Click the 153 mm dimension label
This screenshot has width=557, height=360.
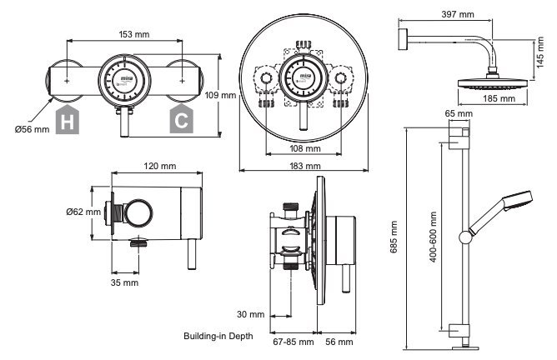134,34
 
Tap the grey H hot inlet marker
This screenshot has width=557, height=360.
68,119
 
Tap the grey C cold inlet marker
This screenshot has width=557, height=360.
182,119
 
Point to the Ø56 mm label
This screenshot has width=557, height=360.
32,130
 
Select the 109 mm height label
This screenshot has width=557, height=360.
220,96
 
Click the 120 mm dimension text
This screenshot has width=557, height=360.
160,166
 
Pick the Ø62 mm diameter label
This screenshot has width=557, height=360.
83,212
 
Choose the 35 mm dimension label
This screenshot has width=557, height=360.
124,283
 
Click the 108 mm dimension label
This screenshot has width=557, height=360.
305,148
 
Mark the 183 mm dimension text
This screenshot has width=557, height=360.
305,166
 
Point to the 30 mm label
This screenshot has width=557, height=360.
251,314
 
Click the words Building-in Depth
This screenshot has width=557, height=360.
218,336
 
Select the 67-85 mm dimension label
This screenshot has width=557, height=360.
294,342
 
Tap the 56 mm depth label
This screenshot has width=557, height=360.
339,342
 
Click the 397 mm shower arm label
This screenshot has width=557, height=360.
458,14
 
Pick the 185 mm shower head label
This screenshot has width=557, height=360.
499,98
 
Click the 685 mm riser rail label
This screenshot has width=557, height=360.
394,237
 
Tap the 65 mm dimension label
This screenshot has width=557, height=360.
459,113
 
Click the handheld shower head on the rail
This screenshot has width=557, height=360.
501,212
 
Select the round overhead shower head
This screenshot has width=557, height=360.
492,84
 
